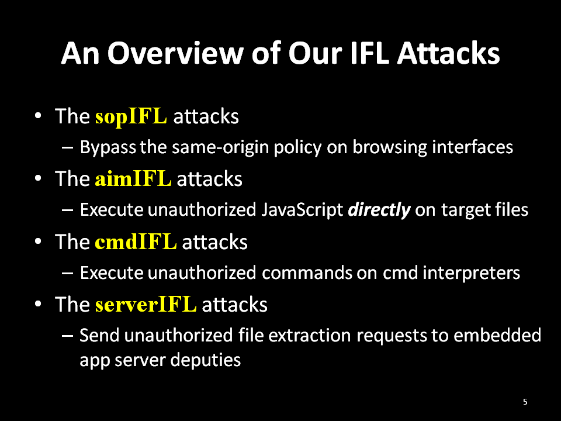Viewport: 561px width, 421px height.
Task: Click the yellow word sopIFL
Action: [131, 116]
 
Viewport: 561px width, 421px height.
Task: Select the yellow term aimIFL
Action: [133, 179]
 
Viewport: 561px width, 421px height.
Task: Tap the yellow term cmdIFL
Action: [136, 241]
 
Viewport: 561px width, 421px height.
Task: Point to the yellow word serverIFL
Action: [146, 304]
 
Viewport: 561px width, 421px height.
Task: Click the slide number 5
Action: [525, 402]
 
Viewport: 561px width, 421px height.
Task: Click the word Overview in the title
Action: [176, 53]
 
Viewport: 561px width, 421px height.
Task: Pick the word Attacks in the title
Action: [448, 53]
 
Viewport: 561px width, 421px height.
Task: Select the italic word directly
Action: [379, 210]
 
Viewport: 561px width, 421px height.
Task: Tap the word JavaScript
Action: [302, 210]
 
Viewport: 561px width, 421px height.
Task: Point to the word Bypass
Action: [108, 147]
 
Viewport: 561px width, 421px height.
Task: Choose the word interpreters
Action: [471, 273]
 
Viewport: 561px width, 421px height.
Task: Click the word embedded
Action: [497, 336]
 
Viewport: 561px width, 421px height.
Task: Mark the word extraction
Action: [310, 336]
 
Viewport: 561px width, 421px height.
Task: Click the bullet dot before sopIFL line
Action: [39, 116]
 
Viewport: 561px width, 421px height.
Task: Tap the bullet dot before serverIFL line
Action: [39, 304]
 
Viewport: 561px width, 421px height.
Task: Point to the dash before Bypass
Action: [68, 147]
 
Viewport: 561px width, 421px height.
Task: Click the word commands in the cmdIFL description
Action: [307, 273]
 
